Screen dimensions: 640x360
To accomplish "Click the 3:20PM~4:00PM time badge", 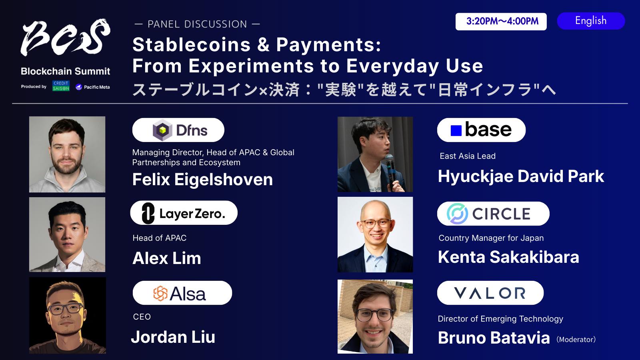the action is coord(501,22).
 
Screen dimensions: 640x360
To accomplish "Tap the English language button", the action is coord(591,21).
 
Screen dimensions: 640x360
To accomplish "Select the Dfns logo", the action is coord(178,130).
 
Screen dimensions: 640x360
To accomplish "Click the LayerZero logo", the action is coord(184,213).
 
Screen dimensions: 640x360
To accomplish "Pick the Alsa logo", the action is coord(182,293).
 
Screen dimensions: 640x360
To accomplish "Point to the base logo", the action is coord(481,130).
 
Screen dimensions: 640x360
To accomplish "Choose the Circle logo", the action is coord(493,214).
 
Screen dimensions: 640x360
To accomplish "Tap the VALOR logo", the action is coord(490,293).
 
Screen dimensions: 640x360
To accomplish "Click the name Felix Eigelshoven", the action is coord(202,180).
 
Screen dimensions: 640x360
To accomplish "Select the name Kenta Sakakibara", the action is coord(508,257).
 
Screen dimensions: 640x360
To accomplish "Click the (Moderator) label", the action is coord(576,340).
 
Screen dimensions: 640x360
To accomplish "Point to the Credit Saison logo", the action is coord(61,86).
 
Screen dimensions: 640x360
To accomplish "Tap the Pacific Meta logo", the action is coord(92,87).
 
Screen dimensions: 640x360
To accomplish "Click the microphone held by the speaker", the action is coord(391,168).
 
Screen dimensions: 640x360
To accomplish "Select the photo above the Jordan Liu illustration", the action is coord(67,234).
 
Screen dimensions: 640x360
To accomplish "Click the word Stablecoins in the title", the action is coord(192,45).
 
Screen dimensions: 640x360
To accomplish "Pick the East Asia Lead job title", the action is coord(468,156).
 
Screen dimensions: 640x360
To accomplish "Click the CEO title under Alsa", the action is coord(142,317).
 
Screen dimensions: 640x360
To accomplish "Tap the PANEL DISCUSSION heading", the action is coord(197,24).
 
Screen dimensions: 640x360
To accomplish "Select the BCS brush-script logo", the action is coord(66,37).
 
